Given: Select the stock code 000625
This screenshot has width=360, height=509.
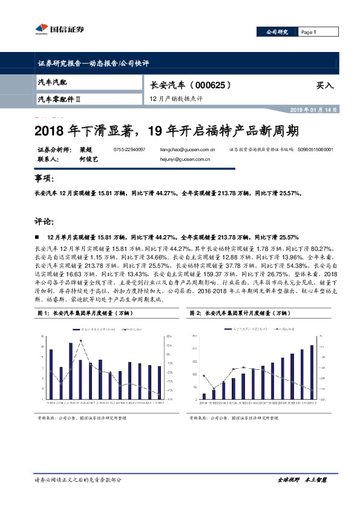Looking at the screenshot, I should (208, 85).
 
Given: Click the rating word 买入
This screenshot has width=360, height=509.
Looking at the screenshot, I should (324, 86).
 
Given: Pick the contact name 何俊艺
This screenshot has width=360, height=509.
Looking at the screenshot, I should (88, 160).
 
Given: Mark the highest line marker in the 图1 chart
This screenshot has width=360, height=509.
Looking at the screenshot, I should (81, 341).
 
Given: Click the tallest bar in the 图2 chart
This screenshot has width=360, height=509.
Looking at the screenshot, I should (312, 372).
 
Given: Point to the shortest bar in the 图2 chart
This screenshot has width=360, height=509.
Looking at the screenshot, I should (204, 397).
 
